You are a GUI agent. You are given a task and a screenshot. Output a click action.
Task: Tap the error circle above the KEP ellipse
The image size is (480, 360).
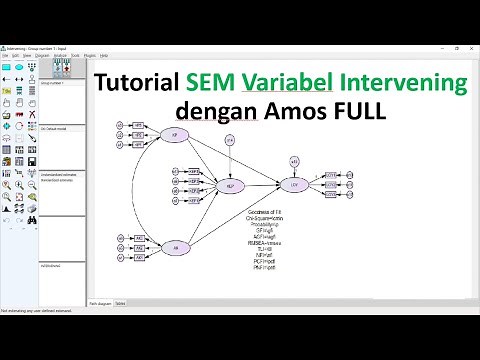pyautogui.click(x=232, y=142)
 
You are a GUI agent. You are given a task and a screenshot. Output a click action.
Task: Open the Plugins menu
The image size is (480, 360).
pyautogui.click(x=90, y=56)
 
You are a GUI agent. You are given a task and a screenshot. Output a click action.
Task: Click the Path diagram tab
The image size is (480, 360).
pyautogui.click(x=100, y=302)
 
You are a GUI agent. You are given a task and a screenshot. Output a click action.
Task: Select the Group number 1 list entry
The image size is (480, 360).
pyautogui.click(x=54, y=85)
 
